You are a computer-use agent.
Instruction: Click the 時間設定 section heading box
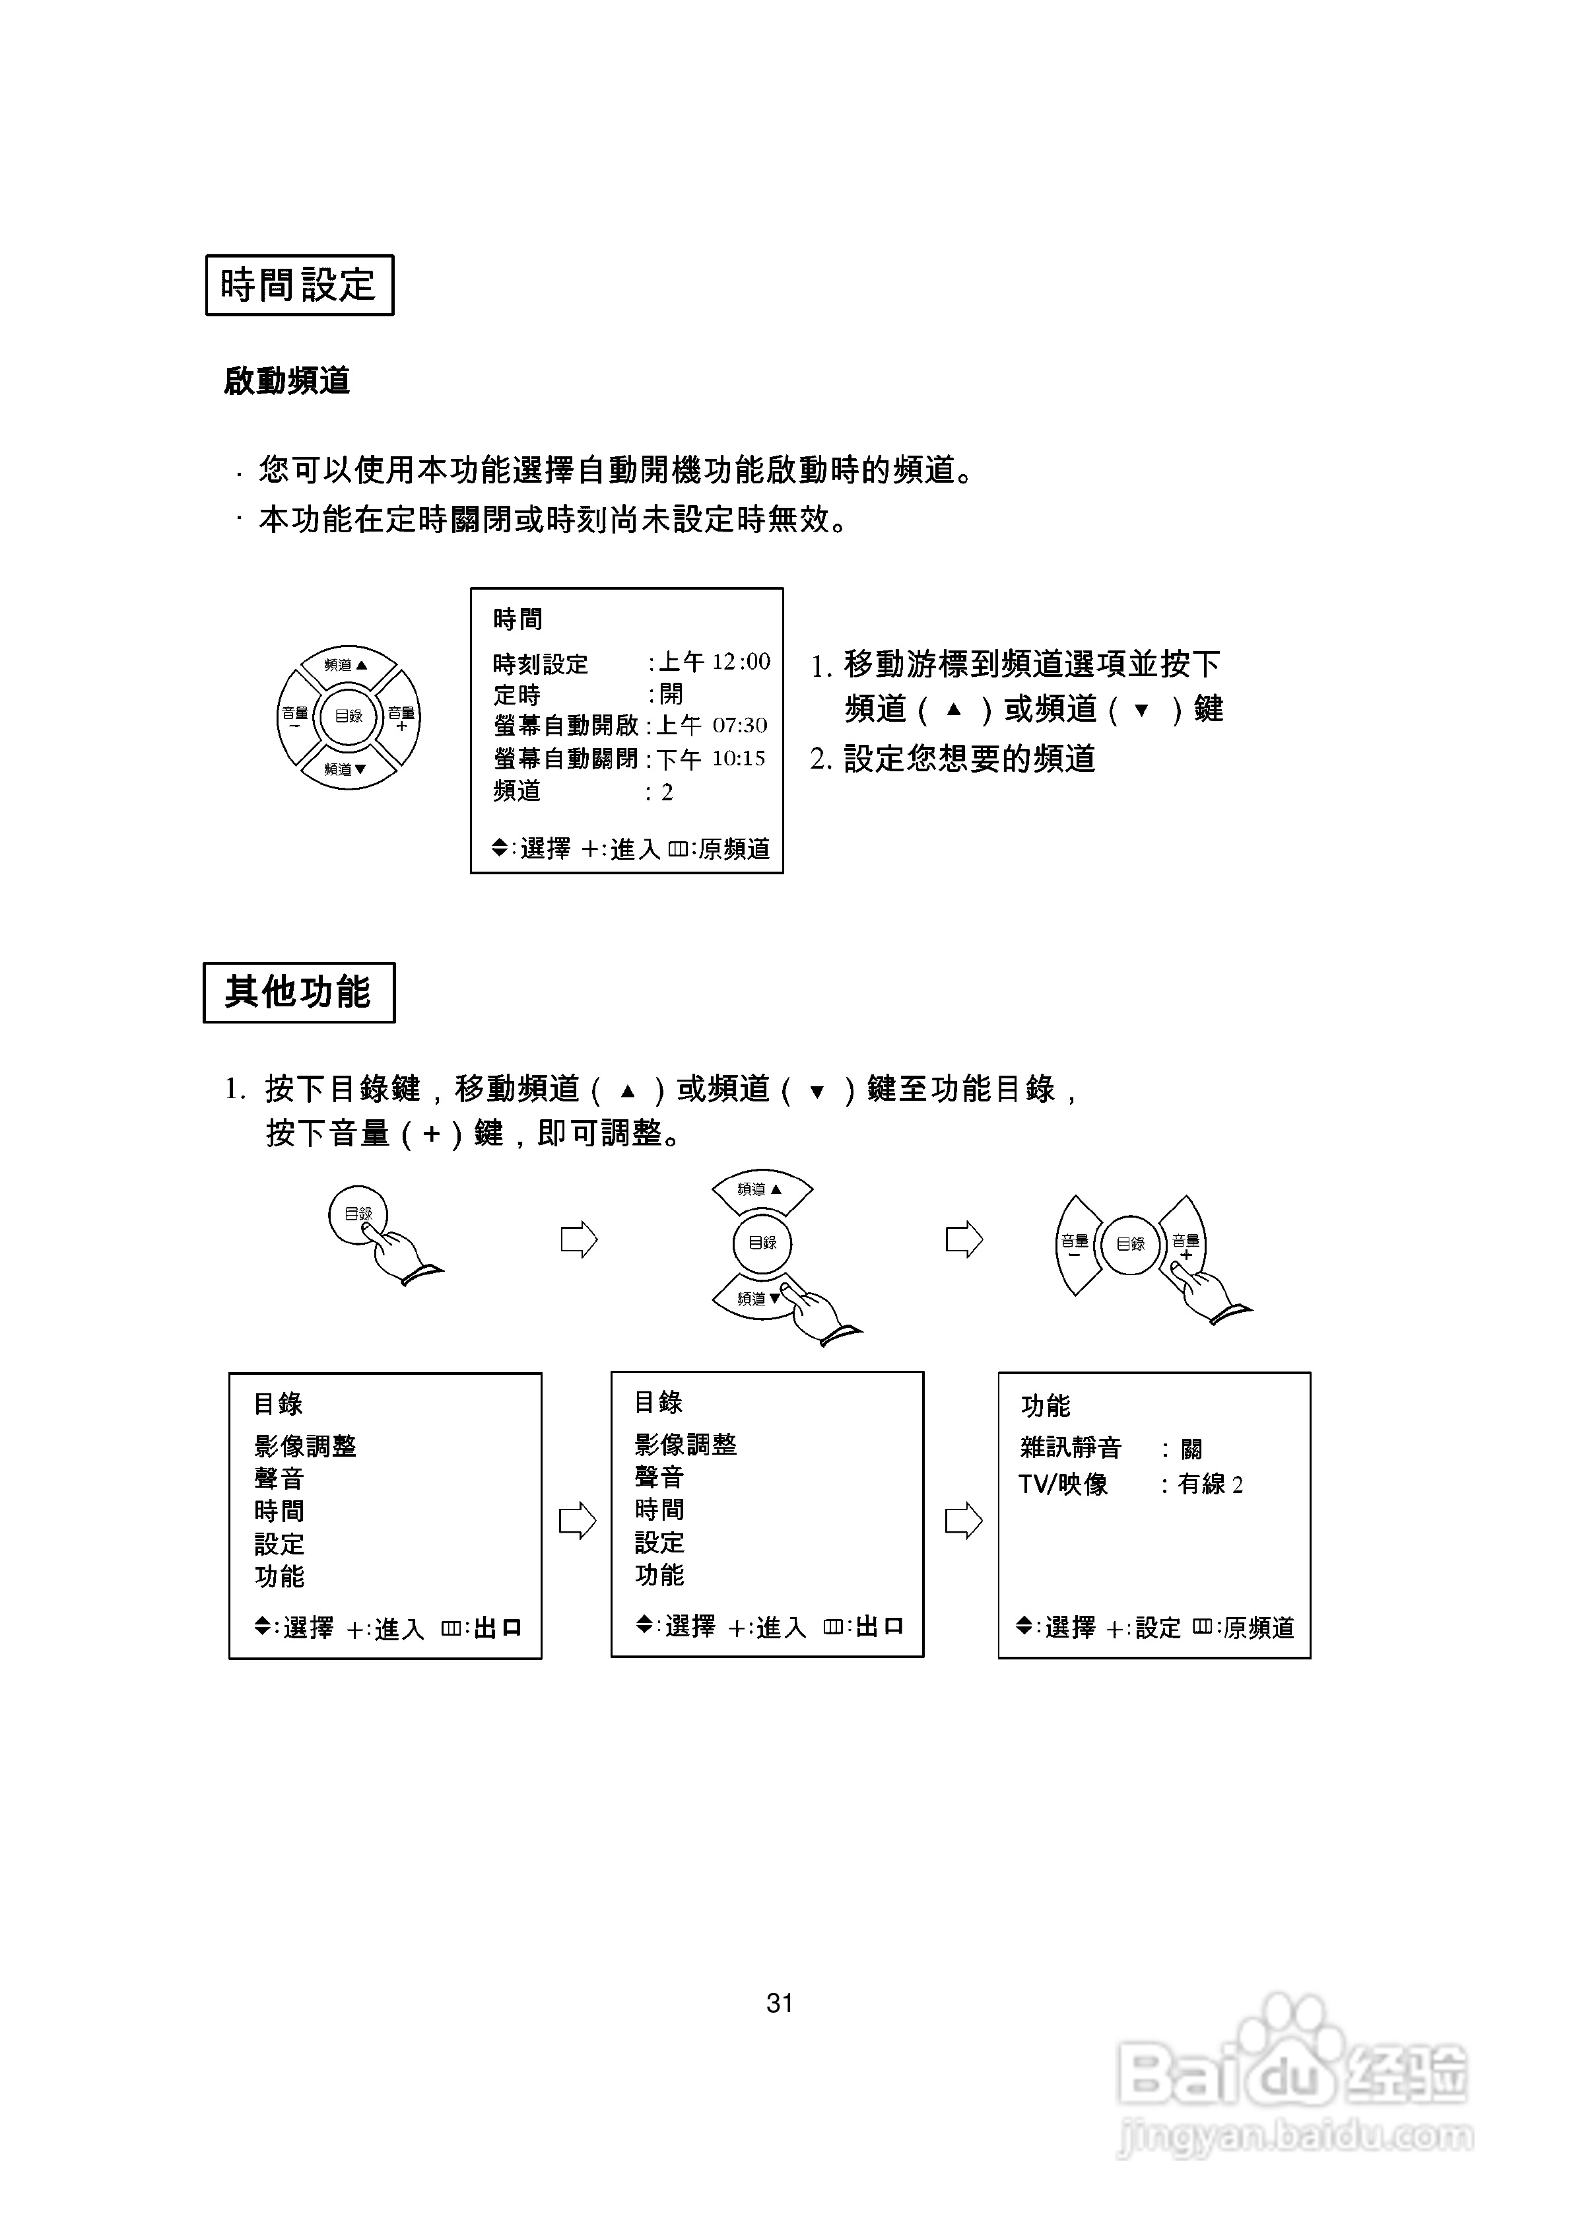299,285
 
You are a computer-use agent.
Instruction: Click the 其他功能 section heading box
298,992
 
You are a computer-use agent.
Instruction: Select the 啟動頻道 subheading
286,380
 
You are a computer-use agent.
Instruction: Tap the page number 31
780,2002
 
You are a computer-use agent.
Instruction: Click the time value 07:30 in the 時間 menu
740,726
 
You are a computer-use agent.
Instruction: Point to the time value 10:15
739,759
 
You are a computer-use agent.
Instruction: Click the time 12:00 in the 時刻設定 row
741,662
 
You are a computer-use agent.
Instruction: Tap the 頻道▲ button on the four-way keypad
347,666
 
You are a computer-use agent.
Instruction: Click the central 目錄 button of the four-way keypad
349,717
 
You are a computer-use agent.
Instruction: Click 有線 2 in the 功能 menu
1211,1484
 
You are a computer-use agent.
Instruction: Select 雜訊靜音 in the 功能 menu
1070,1448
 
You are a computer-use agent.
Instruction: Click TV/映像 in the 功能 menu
1063,1484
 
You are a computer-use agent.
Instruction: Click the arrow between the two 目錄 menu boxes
578,1520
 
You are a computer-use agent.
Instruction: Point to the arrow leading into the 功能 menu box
963,1520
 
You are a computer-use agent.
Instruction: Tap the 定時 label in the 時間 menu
518,695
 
